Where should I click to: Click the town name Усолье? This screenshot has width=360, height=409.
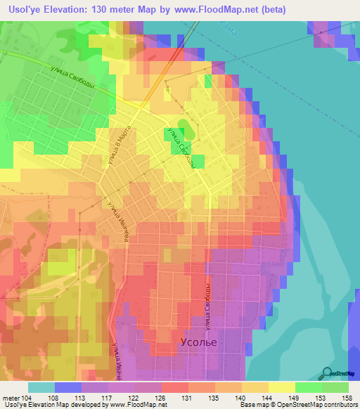click(x=195, y=342)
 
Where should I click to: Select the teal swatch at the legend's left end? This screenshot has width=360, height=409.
click(x=41, y=387)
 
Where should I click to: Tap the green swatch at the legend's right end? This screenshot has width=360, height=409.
click(x=335, y=387)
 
